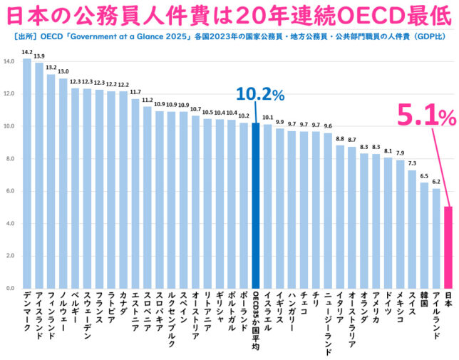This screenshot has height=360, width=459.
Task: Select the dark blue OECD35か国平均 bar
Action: (255, 207)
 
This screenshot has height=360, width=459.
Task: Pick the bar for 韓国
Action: (424, 236)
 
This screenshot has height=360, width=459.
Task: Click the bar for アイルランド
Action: (436, 239)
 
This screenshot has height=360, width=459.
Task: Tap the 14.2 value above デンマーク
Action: (26, 52)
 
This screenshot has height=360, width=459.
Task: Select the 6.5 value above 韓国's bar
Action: (424, 176)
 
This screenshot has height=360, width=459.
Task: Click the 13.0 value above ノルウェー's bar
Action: (63, 71)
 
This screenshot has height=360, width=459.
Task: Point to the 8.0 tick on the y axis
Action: (9, 159)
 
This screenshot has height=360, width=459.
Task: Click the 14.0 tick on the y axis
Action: (9, 62)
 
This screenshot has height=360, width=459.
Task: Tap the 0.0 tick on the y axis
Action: (9, 289)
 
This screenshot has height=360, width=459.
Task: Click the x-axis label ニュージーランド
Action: (327, 321)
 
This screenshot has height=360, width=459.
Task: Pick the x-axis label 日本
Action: (448, 303)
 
